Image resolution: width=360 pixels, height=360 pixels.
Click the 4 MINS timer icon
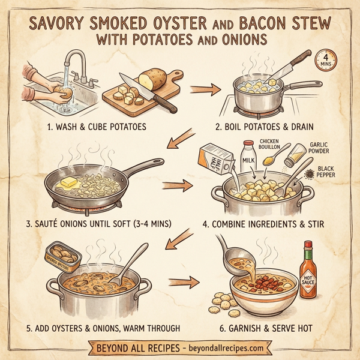[326, 61]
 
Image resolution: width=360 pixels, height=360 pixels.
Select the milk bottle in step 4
[247, 157]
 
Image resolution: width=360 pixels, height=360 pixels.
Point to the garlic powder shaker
[295, 158]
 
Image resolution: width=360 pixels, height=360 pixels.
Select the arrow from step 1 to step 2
[203, 90]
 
